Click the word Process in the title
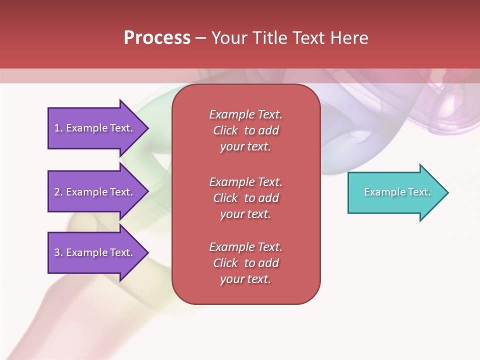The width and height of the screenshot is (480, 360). tap(157, 38)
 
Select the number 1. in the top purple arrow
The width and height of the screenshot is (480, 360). tap(58, 128)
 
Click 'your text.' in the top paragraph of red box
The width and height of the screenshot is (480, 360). tap(245, 147)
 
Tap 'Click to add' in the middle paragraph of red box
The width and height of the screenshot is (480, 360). tap(245, 198)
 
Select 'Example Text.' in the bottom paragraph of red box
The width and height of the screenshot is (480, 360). tap(245, 247)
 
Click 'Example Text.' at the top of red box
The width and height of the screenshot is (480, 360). tap(245, 114)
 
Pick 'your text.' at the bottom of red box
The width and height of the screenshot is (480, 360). tap(245, 279)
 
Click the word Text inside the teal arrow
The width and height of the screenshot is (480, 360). tap(419, 192)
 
